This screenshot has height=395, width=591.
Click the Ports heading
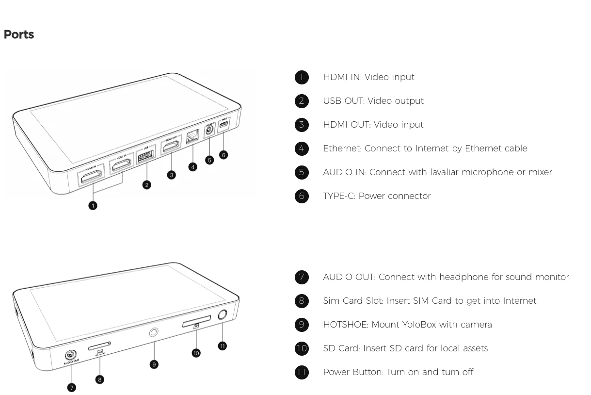[19, 35]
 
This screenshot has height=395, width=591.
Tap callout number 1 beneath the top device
[93, 205]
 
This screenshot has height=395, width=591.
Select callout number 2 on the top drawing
[147, 184]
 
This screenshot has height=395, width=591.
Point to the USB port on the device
[145, 157]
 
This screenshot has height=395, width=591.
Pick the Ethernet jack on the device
[192, 137]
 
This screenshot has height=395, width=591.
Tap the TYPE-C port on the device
[224, 125]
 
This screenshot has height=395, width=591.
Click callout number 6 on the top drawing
[223, 155]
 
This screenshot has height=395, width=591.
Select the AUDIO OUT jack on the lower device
[71, 355]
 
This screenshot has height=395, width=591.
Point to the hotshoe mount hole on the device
[154, 332]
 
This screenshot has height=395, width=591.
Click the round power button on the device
[223, 314]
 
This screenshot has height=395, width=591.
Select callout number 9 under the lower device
[154, 364]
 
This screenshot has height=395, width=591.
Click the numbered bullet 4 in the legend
[302, 148]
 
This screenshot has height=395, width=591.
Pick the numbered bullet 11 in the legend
[302, 372]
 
